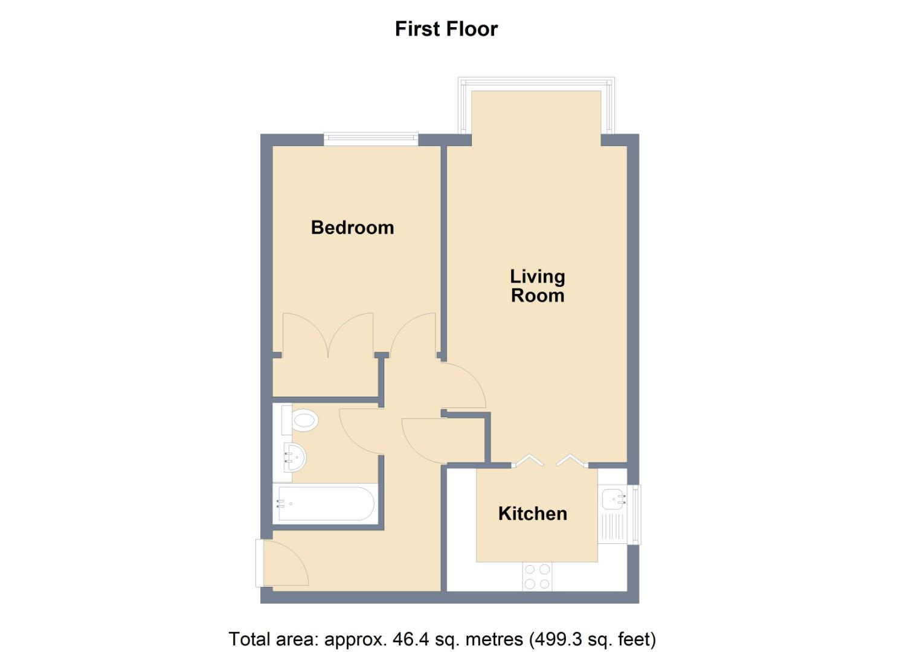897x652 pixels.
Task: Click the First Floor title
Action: coord(446,29)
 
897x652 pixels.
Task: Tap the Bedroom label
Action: coord(352,228)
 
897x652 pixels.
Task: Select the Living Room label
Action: coord(537,286)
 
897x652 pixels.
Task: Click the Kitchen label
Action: coord(532,514)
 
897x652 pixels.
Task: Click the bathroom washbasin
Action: coord(295,458)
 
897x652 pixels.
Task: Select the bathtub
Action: coord(324,503)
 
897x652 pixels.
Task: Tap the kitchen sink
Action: coord(614,499)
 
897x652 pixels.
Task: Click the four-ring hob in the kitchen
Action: coord(537,576)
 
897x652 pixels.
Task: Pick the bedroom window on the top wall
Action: coord(370,139)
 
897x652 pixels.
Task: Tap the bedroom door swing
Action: coord(414,336)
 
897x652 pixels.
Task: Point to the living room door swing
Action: coord(464,385)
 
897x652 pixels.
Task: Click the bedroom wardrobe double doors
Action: coord(327,336)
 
